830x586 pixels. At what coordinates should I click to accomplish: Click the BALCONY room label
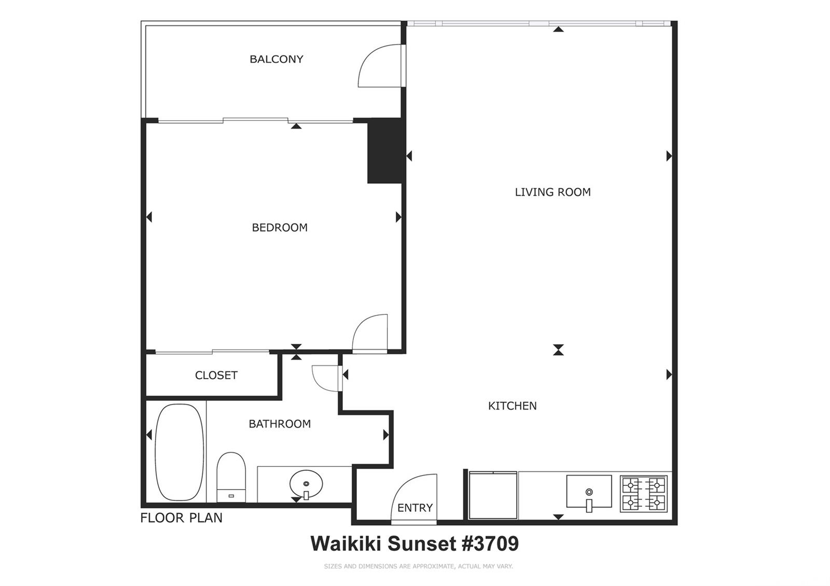pyautogui.click(x=276, y=59)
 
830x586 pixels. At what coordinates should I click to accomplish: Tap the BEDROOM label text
pyautogui.click(x=280, y=228)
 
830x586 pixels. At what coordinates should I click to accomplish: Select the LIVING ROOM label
pyautogui.click(x=553, y=192)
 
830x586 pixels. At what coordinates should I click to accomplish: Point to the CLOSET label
pyautogui.click(x=216, y=375)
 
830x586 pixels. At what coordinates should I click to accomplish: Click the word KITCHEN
pyautogui.click(x=513, y=406)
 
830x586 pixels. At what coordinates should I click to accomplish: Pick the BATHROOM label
pyautogui.click(x=280, y=424)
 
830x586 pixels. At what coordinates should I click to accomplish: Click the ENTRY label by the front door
pyautogui.click(x=415, y=508)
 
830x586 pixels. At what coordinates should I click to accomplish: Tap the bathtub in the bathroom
pyautogui.click(x=179, y=452)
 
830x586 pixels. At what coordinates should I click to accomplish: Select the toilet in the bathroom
pyautogui.click(x=231, y=477)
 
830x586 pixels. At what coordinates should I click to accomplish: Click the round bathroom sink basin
pyautogui.click(x=306, y=484)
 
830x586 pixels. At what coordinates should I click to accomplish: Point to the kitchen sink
pyautogui.click(x=589, y=492)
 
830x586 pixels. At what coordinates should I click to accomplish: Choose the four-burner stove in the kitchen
pyautogui.click(x=644, y=494)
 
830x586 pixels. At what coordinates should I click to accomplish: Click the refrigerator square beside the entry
pyautogui.click(x=493, y=495)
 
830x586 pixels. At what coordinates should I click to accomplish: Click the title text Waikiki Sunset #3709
pyautogui.click(x=414, y=544)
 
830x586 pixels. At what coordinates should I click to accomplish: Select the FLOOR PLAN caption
pyautogui.click(x=181, y=518)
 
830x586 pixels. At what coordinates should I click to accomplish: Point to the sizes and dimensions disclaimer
pyautogui.click(x=418, y=566)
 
